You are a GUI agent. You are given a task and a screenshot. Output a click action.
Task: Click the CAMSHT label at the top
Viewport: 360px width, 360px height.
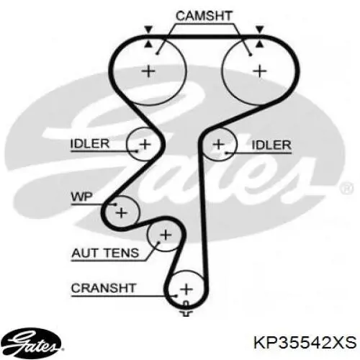pyautogui.click(x=204, y=16)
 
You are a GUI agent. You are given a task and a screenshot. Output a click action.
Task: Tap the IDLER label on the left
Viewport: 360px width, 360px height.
pyautogui.click(x=90, y=143)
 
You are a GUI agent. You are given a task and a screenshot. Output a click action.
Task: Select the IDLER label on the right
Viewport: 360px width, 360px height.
pyautogui.click(x=271, y=145)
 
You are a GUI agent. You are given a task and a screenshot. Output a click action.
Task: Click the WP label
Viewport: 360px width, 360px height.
pyautogui.click(x=82, y=197)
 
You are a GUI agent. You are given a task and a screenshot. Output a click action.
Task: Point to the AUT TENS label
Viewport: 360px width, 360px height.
pyautogui.click(x=105, y=253)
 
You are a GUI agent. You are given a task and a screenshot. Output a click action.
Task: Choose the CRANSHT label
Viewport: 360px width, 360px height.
pyautogui.click(x=104, y=288)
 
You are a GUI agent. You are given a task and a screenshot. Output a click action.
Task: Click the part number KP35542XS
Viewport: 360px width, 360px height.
pyautogui.click(x=305, y=343)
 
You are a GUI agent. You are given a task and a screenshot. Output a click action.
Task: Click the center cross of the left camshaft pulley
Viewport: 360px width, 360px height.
pyautogui.click(x=149, y=71)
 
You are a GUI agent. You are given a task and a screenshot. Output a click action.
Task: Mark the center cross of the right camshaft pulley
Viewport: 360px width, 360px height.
pyautogui.click(x=260, y=71)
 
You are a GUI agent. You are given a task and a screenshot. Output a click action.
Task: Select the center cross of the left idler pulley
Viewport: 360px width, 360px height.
pyautogui.click(x=145, y=144)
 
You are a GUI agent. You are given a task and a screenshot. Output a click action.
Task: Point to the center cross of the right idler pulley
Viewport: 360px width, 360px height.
pyautogui.click(x=218, y=145)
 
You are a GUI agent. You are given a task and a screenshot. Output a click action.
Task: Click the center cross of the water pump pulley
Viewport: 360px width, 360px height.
pyautogui.click(x=122, y=212)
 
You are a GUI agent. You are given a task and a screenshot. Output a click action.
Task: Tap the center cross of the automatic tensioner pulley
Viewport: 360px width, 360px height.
pyautogui.click(x=166, y=235)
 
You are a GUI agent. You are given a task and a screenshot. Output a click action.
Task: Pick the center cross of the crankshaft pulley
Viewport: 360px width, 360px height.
pyautogui.click(x=186, y=289)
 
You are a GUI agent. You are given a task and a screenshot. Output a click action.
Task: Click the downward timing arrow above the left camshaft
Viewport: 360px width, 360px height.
pyautogui.click(x=148, y=30)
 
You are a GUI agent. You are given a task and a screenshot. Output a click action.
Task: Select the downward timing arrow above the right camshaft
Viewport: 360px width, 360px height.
pyautogui.click(x=260, y=30)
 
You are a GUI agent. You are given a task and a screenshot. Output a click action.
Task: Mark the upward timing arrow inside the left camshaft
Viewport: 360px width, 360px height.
pyautogui.click(x=148, y=44)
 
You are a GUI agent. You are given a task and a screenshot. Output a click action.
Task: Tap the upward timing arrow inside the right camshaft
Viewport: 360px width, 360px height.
pyautogui.click(x=260, y=44)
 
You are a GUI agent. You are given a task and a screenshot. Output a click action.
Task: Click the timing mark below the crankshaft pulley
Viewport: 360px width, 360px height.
pyautogui.click(x=186, y=310)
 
